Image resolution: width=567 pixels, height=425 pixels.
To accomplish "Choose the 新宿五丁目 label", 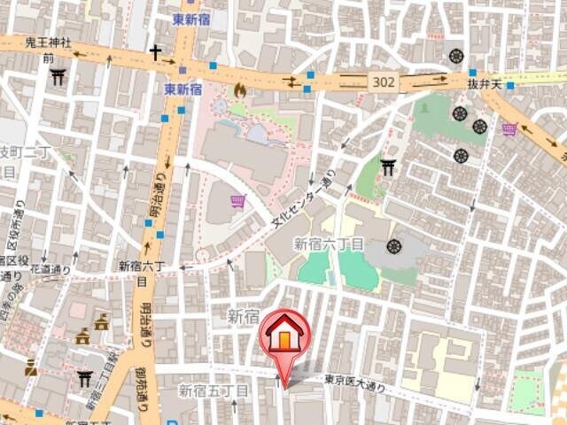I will [214, 390].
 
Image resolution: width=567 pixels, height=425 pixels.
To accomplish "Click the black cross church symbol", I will [156, 53].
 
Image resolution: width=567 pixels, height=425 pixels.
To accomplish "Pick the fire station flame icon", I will [239, 90].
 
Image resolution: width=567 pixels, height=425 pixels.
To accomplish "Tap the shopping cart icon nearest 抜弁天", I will [509, 130].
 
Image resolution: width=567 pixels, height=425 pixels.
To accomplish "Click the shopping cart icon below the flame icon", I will [237, 202].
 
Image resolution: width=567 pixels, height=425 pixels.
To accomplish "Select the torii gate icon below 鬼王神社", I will [58, 77].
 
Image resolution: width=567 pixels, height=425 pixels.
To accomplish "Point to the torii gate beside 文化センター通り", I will [387, 166].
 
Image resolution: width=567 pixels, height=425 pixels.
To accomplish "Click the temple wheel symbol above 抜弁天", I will [456, 55].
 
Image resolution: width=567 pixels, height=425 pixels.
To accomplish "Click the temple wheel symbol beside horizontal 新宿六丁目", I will [394, 245].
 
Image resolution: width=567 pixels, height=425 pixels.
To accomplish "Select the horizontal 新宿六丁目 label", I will [329, 243].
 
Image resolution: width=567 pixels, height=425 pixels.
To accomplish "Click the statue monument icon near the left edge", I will [31, 367].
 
